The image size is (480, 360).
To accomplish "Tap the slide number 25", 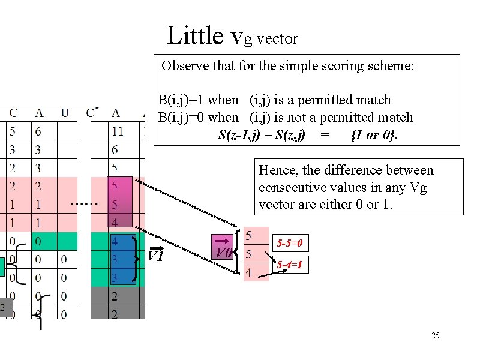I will pos(436,335).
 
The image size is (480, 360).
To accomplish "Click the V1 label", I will pos(155,256).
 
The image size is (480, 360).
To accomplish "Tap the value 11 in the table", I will pos(117,130).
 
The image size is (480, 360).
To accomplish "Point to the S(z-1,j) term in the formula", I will pos(239,134).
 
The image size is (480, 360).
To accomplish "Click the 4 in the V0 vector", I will pos(248,273).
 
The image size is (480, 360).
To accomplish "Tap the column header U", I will pos(65,112).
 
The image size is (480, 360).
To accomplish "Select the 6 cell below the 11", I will pos(115,149).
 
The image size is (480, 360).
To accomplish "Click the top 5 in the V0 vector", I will pos(248,235).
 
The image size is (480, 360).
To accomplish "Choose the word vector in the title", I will pos(277,39).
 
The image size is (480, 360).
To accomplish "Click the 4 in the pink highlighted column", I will pos(115,223).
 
